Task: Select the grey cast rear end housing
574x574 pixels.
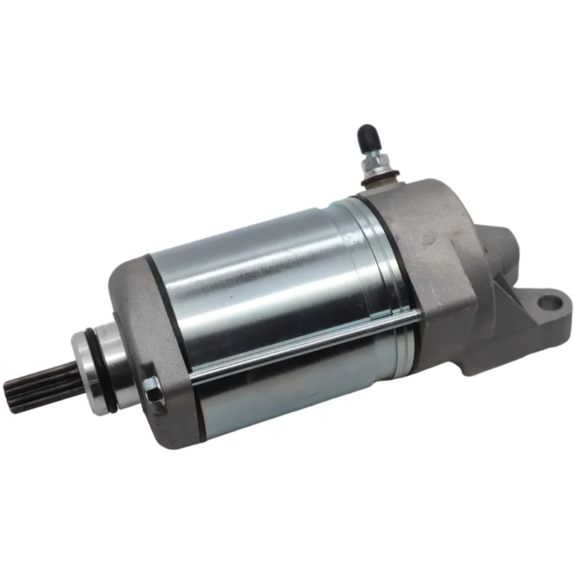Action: tap(445, 273)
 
